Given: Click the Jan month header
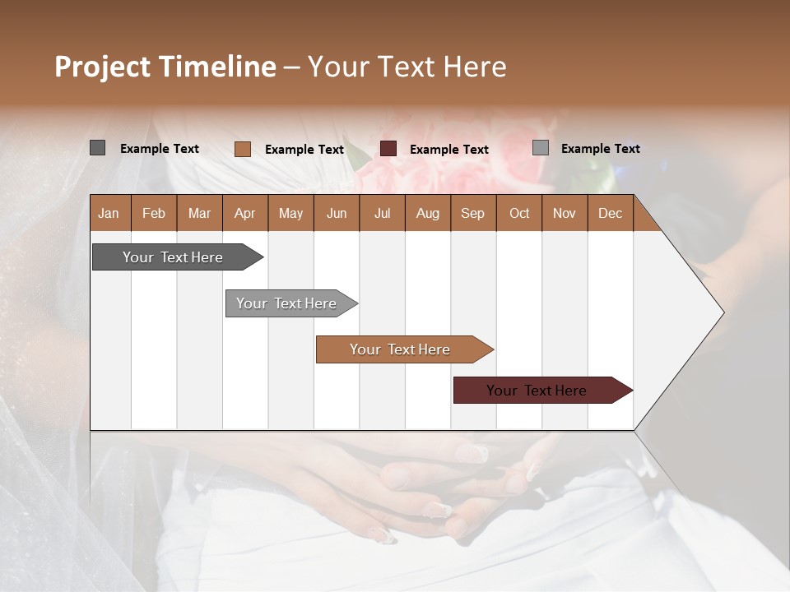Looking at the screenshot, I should click(x=109, y=213).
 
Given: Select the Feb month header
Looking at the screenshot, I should click(x=154, y=213).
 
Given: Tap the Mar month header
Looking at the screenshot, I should click(x=199, y=213).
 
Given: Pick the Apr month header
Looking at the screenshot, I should click(x=245, y=213).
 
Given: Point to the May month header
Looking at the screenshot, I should click(x=290, y=213).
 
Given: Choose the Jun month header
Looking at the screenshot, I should click(x=337, y=213).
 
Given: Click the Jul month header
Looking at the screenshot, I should click(x=382, y=213).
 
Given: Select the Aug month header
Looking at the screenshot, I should click(x=428, y=213).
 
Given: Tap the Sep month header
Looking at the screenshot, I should click(x=473, y=213).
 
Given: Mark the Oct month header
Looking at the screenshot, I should click(x=519, y=213).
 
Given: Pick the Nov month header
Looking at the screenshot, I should click(x=565, y=213).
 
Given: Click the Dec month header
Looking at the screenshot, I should click(x=611, y=213).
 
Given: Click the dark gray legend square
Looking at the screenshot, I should click(x=98, y=148).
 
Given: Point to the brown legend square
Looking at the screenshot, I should click(x=243, y=149).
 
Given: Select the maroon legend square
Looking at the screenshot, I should click(x=388, y=149).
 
